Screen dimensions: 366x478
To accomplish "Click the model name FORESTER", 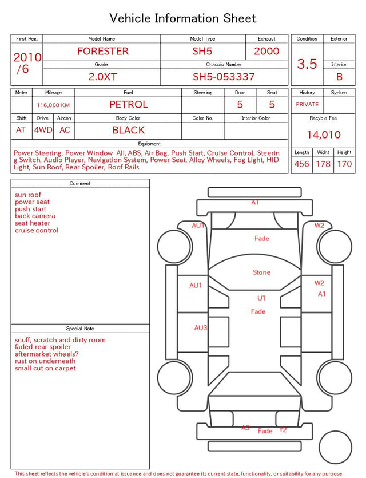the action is tap(103, 51).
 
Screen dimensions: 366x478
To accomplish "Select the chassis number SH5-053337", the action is tap(224, 77).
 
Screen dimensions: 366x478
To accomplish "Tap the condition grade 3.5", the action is tap(307, 64).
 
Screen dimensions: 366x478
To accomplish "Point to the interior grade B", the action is tap(339, 77).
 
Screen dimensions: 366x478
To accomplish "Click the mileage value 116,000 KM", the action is tap(53, 105).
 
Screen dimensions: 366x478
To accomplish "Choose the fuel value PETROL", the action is tap(129, 105).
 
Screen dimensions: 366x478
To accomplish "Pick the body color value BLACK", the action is tap(129, 130).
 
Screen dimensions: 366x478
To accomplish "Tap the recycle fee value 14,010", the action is tap(323, 135).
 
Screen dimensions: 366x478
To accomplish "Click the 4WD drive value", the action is tap(43, 130).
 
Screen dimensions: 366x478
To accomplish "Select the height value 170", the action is tap(344, 164).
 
